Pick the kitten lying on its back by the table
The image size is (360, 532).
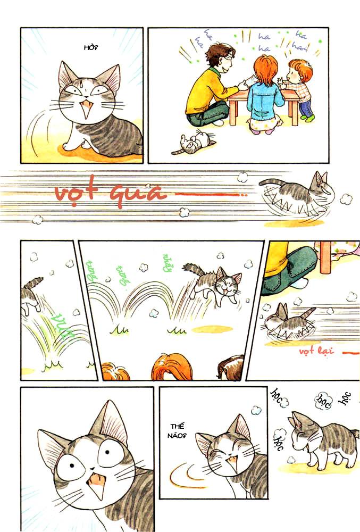[194, 142]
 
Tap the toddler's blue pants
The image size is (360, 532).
[306, 108]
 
